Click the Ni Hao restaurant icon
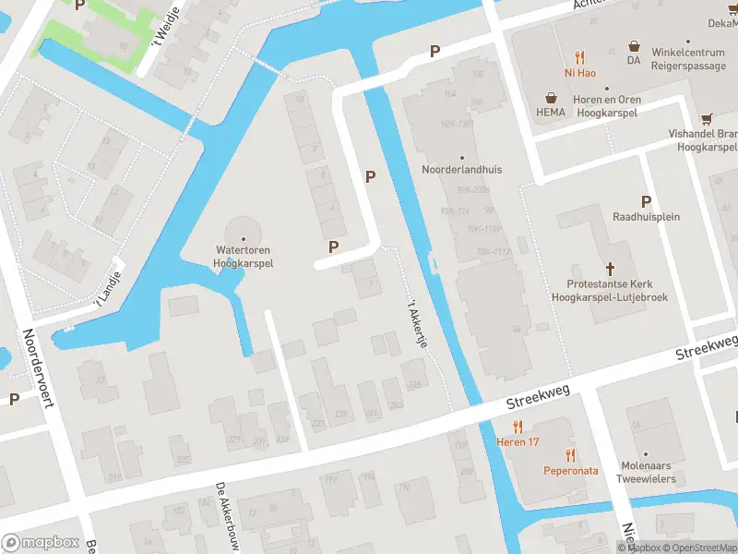pos(579,55)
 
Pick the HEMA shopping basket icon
pos(552,97)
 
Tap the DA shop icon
pos(634,45)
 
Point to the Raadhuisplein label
pos(646,217)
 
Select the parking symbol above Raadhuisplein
pos(646,201)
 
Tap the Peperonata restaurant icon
pos(570,454)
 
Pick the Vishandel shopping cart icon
pos(707,118)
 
